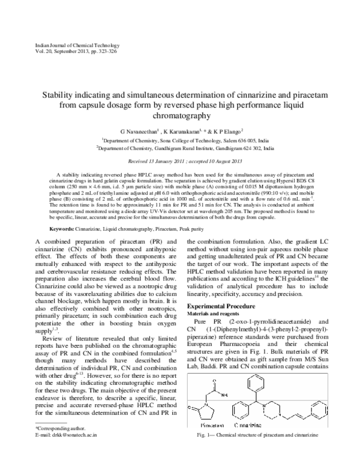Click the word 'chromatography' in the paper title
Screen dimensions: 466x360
pos(180,116)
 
